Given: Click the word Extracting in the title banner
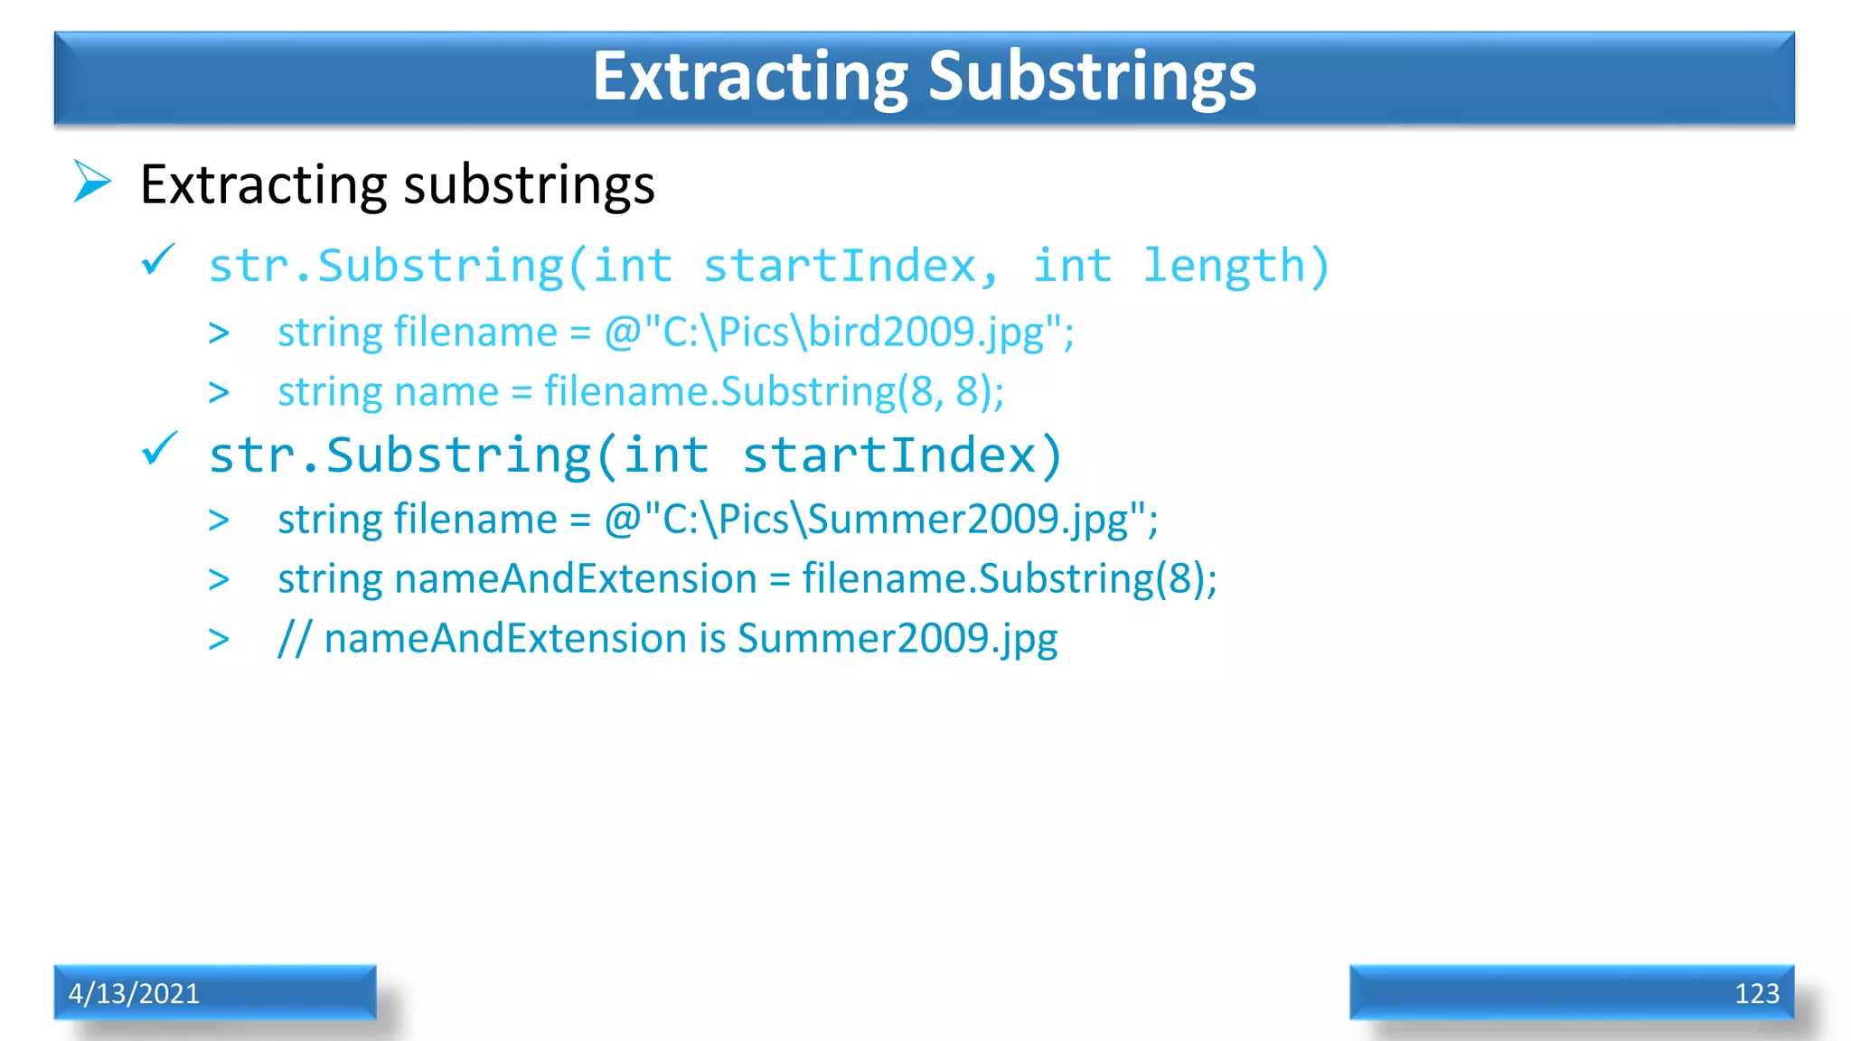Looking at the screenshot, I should click(x=750, y=77).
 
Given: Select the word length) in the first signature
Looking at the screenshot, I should click(x=1236, y=267).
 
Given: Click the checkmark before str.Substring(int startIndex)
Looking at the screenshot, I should click(x=160, y=449).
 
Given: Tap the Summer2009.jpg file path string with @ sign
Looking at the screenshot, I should click(x=880, y=520).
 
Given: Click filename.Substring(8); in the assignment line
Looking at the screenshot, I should click(x=1009, y=579).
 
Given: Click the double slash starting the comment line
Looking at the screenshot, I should click(x=294, y=639).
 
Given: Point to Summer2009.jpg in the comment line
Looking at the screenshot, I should click(x=897, y=639).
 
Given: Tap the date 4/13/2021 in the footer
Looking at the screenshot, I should click(x=134, y=993).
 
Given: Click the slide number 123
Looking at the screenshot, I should click(x=1756, y=994).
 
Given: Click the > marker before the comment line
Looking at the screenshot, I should click(x=219, y=640).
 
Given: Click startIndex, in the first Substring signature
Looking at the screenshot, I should click(x=850, y=267).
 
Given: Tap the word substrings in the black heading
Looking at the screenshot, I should click(x=529, y=185).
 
